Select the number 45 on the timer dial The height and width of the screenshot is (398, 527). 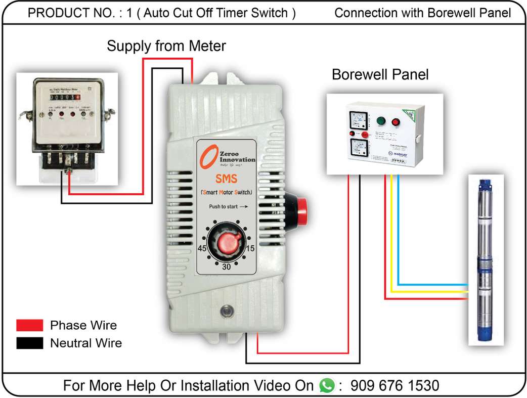click(202, 249)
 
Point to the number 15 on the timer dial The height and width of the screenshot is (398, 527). click(249, 249)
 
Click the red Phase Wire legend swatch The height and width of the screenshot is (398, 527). click(29, 325)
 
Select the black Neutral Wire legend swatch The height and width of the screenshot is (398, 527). click(29, 343)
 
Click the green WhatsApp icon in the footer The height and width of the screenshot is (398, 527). click(327, 386)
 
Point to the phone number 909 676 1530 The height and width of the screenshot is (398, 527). click(394, 386)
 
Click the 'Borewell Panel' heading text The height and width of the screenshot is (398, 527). click(380, 75)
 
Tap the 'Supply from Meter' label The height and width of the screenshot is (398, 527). click(166, 47)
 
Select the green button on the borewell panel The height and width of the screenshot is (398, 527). click(381, 121)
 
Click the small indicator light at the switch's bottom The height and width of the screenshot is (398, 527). click(226, 310)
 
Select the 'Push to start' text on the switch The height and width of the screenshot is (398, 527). click(228, 206)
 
